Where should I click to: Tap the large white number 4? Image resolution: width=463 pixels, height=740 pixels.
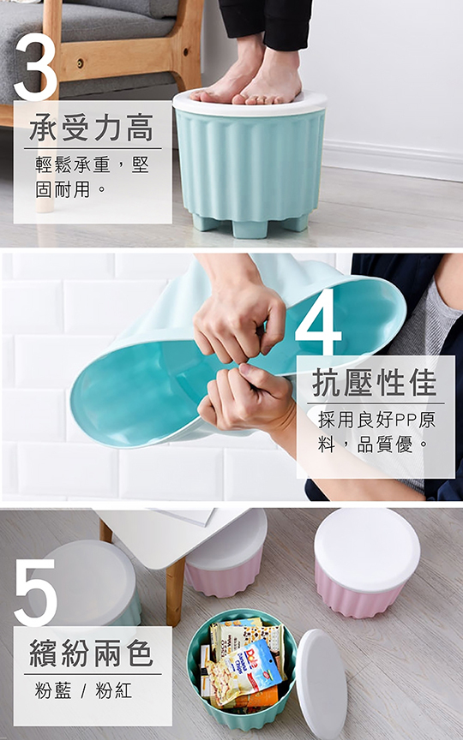click(x=318, y=321)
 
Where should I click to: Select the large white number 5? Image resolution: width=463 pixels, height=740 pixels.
click(x=35, y=593)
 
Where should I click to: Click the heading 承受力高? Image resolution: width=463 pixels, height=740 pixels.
click(x=92, y=128)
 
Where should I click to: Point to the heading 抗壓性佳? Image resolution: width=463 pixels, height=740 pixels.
click(x=375, y=383)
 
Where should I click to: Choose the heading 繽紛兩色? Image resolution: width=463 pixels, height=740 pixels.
click(x=92, y=653)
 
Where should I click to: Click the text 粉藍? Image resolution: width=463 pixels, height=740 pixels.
click(x=53, y=690)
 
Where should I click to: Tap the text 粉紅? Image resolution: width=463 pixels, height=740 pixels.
click(x=114, y=690)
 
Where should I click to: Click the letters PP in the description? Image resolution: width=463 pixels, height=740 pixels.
click(x=406, y=419)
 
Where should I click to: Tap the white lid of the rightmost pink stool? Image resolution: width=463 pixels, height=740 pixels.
click(x=367, y=550)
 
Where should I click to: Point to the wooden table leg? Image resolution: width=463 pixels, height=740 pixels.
click(x=175, y=591)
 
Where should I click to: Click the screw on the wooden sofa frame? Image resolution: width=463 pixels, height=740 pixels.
click(x=81, y=62)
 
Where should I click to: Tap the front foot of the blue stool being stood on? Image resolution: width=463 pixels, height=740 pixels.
click(x=250, y=229)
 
